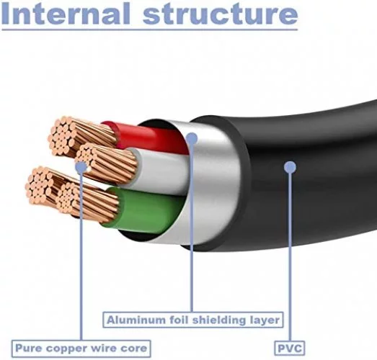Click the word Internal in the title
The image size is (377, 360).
pyautogui.click(x=66, y=13)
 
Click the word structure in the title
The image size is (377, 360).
pyautogui.click(x=221, y=14)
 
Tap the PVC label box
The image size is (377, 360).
pyautogui.click(x=290, y=348)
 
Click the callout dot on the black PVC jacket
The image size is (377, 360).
pyautogui.click(x=290, y=167)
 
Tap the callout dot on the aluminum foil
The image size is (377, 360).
pyautogui.click(x=192, y=138)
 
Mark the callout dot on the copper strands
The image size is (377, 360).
pyautogui.click(x=81, y=167)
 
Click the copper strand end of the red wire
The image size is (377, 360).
pyautogui.click(x=81, y=135)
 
